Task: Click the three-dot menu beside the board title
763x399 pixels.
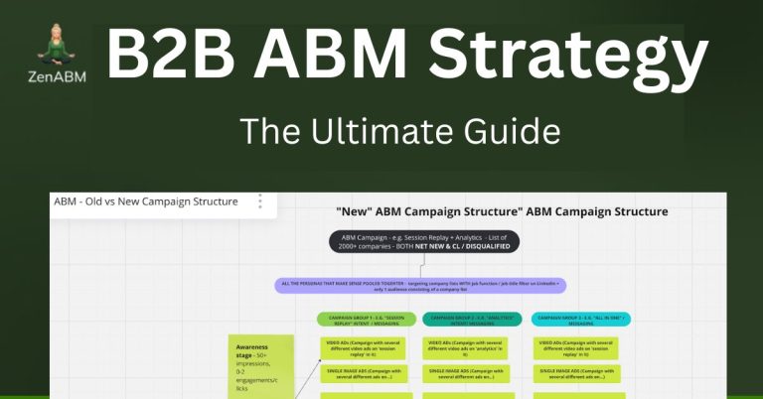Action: click(x=260, y=201)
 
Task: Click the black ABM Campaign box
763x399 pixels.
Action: click(x=425, y=241)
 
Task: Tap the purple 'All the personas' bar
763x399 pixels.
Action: click(x=421, y=286)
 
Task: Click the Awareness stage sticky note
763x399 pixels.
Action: click(x=260, y=363)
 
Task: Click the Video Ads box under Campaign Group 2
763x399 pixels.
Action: click(x=468, y=346)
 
